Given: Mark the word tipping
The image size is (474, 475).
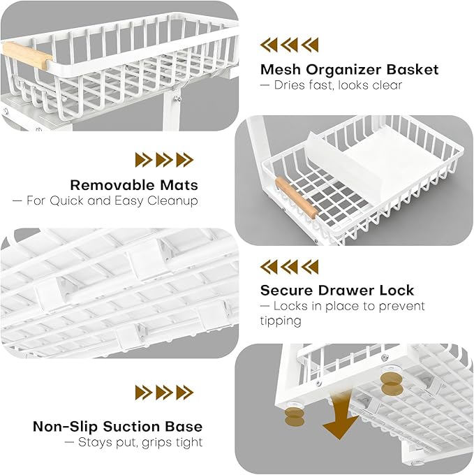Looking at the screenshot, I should [281, 321].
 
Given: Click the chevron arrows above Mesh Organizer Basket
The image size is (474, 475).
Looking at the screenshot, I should [290, 45].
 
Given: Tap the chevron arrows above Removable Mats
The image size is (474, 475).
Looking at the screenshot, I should [164, 160].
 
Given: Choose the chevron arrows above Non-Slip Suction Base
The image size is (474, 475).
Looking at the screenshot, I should [164, 392].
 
